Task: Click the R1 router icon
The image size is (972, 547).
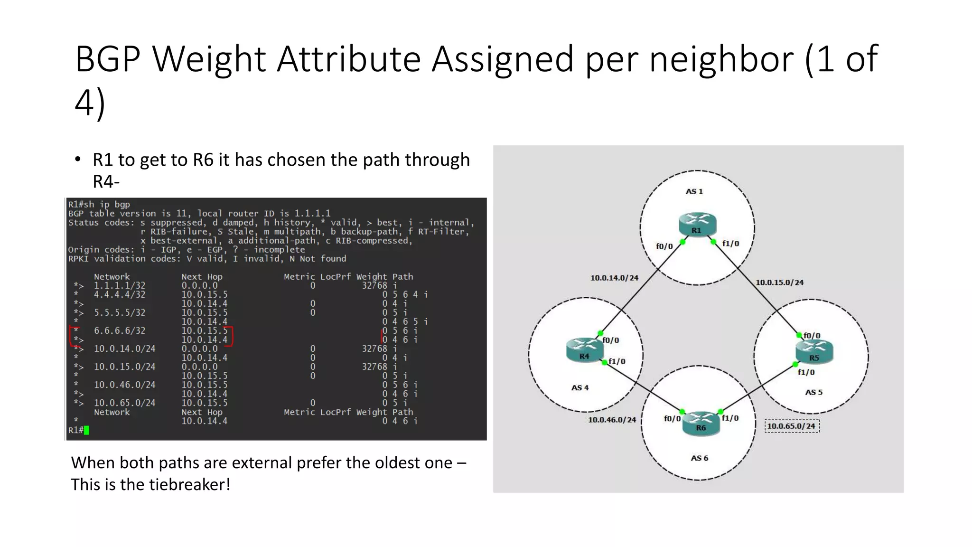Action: tap(697, 224)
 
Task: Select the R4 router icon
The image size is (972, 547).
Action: tap(584, 349)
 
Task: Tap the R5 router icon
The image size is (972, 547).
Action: tap(814, 351)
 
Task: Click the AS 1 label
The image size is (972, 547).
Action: tap(694, 191)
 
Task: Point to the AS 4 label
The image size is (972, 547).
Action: tap(579, 387)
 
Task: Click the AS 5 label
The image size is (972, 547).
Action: tap(813, 392)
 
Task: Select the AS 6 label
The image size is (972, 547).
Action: tap(699, 458)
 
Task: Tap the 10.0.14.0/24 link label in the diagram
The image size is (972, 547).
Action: tap(614, 278)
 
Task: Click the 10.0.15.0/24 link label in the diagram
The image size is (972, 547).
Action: tap(779, 283)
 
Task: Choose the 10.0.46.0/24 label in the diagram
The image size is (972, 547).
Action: tap(612, 420)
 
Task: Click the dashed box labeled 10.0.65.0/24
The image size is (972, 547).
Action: tap(792, 426)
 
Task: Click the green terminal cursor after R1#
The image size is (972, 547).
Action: tap(86, 430)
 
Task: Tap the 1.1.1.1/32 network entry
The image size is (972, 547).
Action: tap(120, 285)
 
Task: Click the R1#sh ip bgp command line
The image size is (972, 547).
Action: tap(99, 204)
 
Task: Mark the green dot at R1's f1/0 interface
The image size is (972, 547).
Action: tap(713, 242)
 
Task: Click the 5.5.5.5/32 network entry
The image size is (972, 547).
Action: tap(120, 312)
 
